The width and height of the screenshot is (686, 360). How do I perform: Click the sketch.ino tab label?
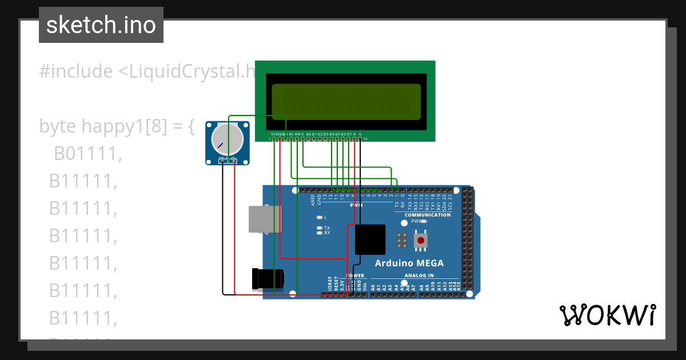pyautogui.click(x=101, y=25)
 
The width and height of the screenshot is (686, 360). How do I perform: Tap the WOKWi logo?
pyautogui.click(x=607, y=315)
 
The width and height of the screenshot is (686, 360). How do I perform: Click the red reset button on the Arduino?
pyautogui.click(x=421, y=240)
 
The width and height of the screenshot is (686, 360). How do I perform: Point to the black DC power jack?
pyautogui.click(x=269, y=278)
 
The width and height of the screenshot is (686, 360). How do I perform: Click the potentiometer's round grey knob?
pyautogui.click(x=227, y=139)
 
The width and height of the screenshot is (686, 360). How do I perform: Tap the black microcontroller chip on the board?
pyautogui.click(x=370, y=239)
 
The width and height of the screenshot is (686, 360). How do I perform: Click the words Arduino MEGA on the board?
pyautogui.click(x=409, y=263)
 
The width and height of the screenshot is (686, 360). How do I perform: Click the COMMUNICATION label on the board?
pyautogui.click(x=428, y=215)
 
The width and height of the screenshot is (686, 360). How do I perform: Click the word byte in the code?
pyautogui.click(x=58, y=126)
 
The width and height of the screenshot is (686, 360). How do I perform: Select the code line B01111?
pyautogui.click(x=88, y=154)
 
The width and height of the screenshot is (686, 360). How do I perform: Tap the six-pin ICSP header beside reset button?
pyautogui.click(x=402, y=241)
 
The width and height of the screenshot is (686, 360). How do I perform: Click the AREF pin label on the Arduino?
pyautogui.click(x=313, y=199)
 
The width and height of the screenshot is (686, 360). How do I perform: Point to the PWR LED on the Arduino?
pyautogui.click(x=424, y=221)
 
